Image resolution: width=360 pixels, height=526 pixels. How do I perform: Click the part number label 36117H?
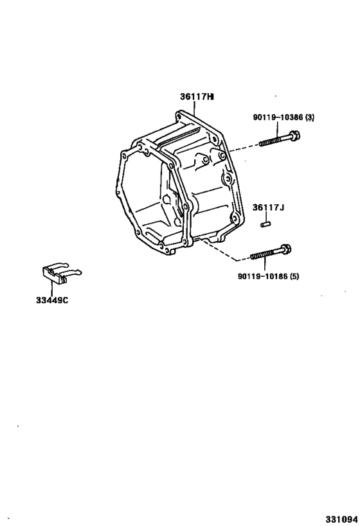197,96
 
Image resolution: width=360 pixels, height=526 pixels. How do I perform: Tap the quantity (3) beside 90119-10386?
310,117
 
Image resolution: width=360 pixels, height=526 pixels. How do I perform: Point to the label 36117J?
268,207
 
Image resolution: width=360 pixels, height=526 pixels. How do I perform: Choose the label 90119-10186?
263,276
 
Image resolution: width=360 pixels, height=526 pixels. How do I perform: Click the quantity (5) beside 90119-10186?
294,276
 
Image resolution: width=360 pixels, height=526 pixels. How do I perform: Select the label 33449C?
52,300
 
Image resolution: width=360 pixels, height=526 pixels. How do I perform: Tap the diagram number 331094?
341,520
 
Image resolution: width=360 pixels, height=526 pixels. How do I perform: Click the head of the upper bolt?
295,136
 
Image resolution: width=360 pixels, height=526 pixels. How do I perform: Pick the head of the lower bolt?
286,249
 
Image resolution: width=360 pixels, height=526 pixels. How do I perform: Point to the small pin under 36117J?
266,224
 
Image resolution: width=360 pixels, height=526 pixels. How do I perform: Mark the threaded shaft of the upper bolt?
274,140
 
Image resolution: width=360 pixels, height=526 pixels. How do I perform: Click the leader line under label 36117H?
194,109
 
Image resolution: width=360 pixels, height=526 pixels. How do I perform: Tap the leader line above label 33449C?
51,288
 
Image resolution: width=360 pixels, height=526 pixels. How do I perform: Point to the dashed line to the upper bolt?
244,148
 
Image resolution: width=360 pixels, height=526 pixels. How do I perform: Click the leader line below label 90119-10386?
278,130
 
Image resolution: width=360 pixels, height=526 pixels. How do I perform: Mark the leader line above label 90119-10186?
264,265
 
